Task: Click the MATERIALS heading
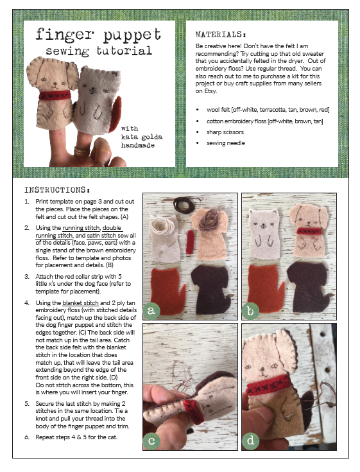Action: tap(221, 34)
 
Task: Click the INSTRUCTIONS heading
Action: tap(57, 190)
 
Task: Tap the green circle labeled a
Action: tap(151, 310)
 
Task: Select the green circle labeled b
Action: tap(250, 311)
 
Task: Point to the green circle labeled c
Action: tap(151, 441)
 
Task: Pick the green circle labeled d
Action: tap(250, 441)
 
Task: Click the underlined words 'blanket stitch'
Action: tap(80, 303)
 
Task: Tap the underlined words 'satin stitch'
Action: tap(101, 236)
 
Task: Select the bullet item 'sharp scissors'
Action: tap(225, 132)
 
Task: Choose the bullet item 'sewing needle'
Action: tap(226, 143)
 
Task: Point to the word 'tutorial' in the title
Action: tap(124, 51)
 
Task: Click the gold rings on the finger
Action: tap(81, 151)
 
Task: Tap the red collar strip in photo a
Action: tap(190, 241)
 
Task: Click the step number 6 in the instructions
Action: tap(27, 437)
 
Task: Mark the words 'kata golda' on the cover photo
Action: tap(142, 137)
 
